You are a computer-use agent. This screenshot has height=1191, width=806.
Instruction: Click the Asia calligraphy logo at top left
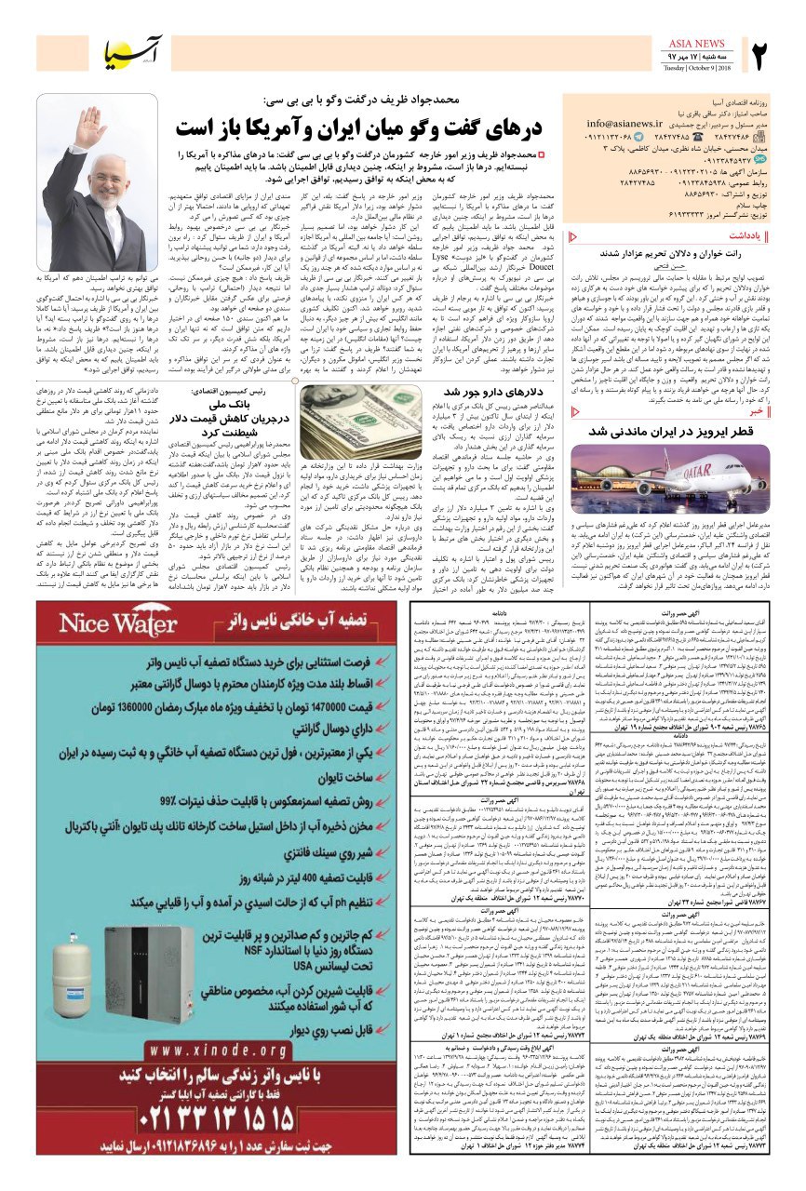point(131,52)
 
